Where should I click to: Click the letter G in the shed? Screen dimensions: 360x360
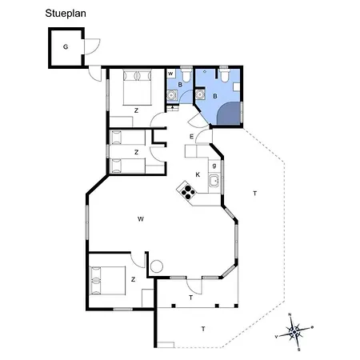(65, 47)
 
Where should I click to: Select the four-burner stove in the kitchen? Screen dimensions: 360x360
(188, 190)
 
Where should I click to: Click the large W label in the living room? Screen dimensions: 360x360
(140, 218)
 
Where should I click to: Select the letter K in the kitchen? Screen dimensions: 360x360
(198, 174)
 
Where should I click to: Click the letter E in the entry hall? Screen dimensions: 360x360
(192, 138)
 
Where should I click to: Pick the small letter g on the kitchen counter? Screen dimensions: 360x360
(214, 166)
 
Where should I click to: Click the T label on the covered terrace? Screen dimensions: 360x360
(190, 297)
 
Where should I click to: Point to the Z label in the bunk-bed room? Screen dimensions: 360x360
(136, 151)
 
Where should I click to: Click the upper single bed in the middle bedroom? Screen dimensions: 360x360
(126, 138)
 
